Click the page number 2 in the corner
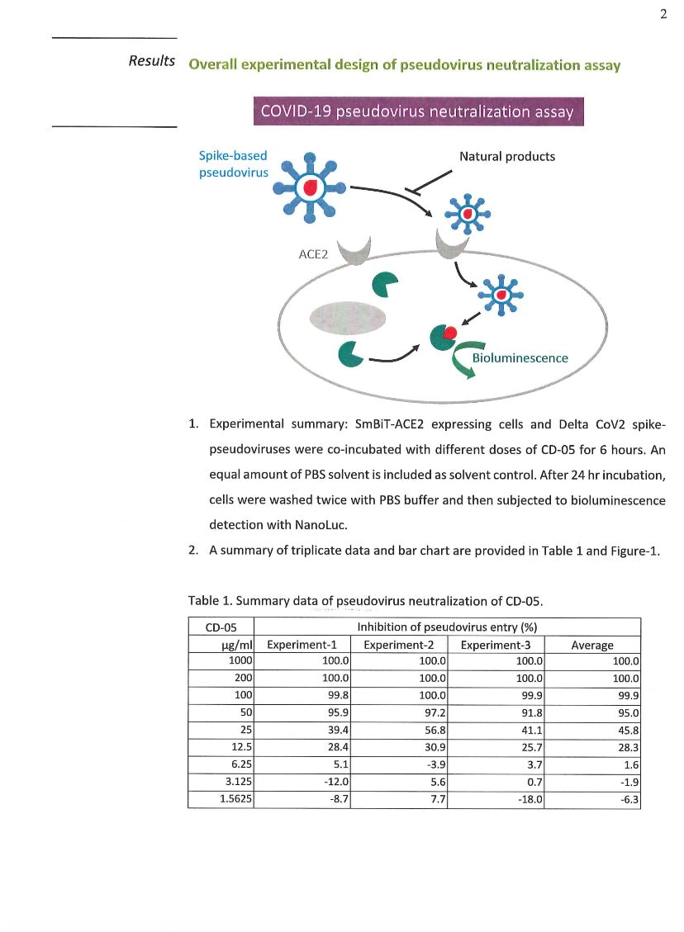pos(663,13)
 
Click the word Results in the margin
pos(152,61)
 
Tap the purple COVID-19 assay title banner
pos(418,111)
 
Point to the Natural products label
pos(507,156)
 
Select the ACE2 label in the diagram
pos(313,254)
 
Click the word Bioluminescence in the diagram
pos(520,358)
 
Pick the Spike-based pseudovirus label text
pos(234,163)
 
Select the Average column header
pos(592,645)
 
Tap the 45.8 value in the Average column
pos(626,730)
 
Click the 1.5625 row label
pos(230,800)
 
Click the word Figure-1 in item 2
pos(637,551)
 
